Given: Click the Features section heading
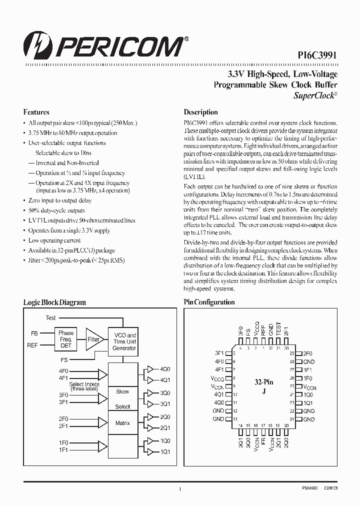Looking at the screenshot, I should click(x=36, y=112).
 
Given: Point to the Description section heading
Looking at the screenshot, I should click(x=200, y=112).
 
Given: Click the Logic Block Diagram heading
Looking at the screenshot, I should click(x=55, y=302).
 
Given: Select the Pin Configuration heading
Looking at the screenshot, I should click(x=209, y=302).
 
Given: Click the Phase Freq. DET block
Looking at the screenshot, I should click(x=65, y=339).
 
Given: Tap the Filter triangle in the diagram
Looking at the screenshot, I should click(x=93, y=339).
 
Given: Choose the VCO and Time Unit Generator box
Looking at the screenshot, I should click(x=124, y=341).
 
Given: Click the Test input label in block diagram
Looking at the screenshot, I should click(x=50, y=318).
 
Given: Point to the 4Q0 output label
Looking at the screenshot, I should click(x=165, y=369).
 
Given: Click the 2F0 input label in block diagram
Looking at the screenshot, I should click(x=63, y=418).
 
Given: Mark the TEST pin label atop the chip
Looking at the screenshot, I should click(x=278, y=328).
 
